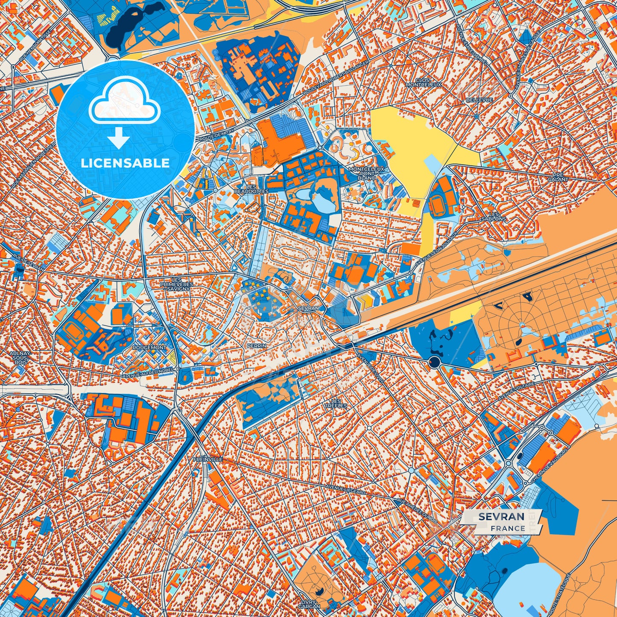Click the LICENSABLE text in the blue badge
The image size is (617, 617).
[125, 163]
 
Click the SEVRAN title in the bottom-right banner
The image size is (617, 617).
[501, 517]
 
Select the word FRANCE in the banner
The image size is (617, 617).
[508, 528]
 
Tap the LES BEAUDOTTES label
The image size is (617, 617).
[251, 189]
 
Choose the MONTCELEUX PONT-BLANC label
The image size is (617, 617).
[367, 173]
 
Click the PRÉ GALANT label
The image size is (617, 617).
[560, 177]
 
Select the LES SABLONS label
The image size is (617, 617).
[497, 216]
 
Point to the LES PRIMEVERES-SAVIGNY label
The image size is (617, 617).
[176, 284]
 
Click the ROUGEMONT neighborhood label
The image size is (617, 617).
[149, 348]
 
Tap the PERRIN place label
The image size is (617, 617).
[257, 345]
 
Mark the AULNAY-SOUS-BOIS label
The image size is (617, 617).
[20, 358]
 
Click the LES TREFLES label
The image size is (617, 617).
[336, 403]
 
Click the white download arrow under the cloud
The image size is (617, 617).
[119, 138]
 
